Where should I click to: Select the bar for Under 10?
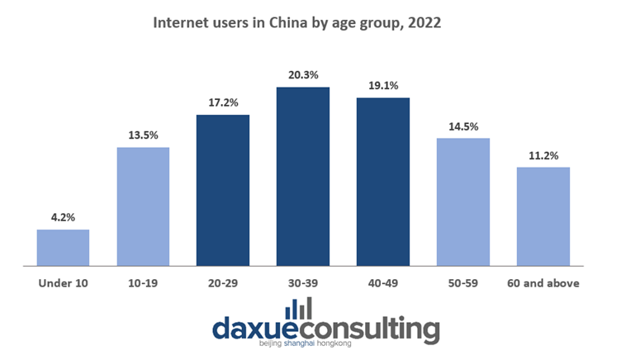[x=63, y=249]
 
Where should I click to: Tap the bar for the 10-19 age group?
[x=143, y=207]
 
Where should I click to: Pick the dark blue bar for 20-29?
[x=223, y=191]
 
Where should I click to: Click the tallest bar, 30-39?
[x=303, y=178]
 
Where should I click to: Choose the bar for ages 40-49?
[x=383, y=182]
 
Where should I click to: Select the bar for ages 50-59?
[x=463, y=203]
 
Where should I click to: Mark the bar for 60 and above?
[x=543, y=217]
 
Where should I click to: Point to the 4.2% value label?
[x=63, y=219]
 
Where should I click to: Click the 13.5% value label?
[x=143, y=136]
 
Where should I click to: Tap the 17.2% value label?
[x=223, y=104]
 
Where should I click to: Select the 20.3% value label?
[x=303, y=76]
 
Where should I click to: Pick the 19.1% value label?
[x=383, y=87]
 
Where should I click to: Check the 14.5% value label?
[x=463, y=127]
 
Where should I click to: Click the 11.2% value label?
[x=543, y=156]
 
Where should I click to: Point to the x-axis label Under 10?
[x=63, y=283]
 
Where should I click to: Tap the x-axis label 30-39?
[x=303, y=283]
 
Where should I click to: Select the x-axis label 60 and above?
[x=543, y=283]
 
